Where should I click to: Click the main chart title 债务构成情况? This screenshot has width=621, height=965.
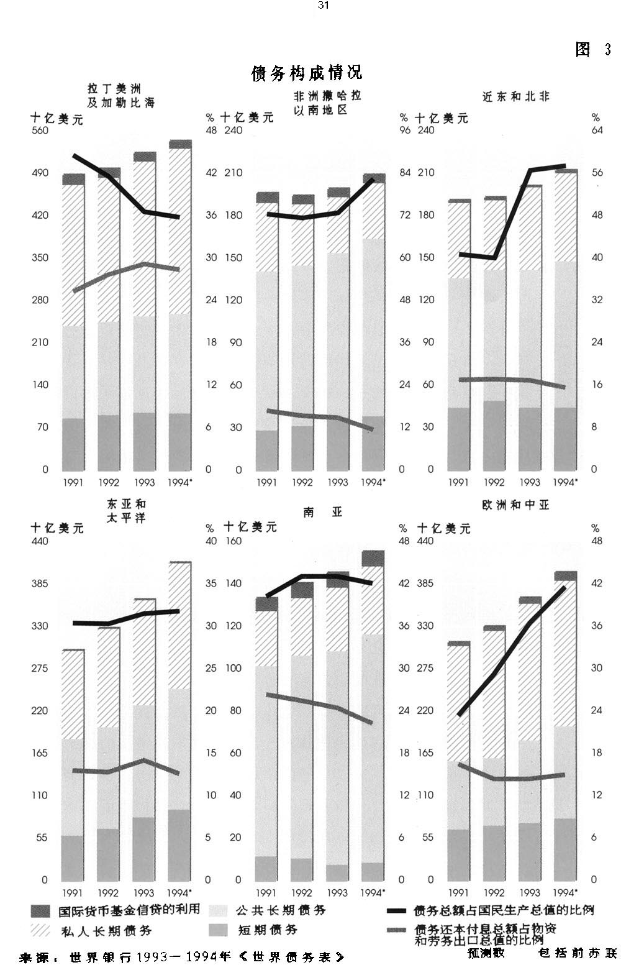pyautogui.click(x=306, y=73)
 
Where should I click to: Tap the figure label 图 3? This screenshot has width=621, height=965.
pyautogui.click(x=593, y=50)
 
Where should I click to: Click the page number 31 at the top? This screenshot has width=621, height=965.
pyautogui.click(x=322, y=5)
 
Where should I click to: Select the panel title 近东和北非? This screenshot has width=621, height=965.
pyautogui.click(x=516, y=97)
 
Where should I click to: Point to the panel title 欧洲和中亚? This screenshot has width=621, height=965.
pyautogui.click(x=515, y=505)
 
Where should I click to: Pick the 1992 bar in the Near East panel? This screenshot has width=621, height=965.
pyautogui.click(x=494, y=336)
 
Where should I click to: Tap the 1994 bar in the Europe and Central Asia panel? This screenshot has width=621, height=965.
pyautogui.click(x=565, y=727)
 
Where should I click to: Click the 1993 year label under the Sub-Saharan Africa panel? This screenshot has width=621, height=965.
pyautogui.click(x=338, y=483)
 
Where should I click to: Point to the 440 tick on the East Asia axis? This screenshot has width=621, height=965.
pyautogui.click(x=40, y=541)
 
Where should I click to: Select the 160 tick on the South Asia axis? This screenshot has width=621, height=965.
pyautogui.click(x=233, y=541)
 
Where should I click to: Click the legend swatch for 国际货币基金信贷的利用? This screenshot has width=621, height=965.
pyautogui.click(x=40, y=911)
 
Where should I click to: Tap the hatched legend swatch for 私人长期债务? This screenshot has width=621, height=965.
pyautogui.click(x=40, y=930)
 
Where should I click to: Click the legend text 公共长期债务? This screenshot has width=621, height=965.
pyautogui.click(x=281, y=910)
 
